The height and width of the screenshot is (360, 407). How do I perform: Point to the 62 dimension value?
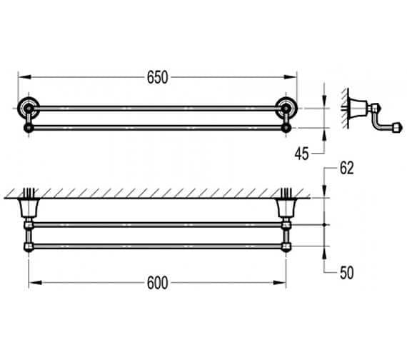(x=347, y=169)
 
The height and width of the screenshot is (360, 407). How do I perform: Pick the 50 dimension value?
(x=347, y=272)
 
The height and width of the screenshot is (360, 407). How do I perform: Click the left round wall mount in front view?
(x=27, y=109)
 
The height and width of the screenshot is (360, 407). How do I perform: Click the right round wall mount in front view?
(x=288, y=109)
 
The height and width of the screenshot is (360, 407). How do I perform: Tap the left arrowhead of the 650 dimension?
(x=21, y=78)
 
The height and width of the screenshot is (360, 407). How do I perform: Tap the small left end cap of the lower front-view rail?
(x=28, y=128)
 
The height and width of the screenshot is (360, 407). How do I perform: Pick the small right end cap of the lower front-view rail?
(x=287, y=128)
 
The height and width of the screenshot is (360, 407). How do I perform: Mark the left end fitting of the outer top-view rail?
(x=29, y=247)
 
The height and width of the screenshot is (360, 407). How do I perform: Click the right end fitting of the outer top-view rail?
(x=286, y=247)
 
